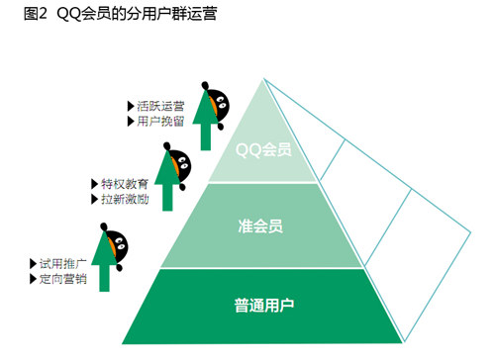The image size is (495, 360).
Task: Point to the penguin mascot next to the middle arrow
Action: (x=180, y=164)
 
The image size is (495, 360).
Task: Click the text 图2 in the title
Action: (x=21, y=14)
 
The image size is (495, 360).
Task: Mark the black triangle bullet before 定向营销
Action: (x=33, y=281)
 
